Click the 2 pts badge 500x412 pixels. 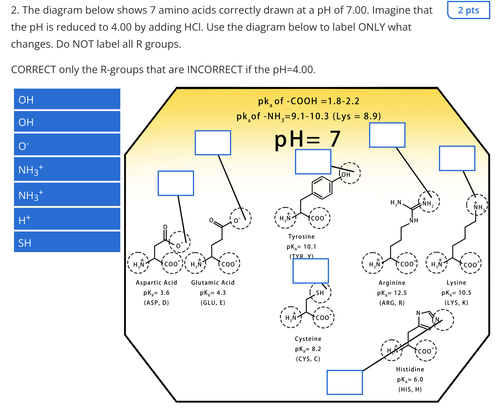[468, 10]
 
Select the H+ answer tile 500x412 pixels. [67, 219]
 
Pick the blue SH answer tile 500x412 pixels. [67, 242]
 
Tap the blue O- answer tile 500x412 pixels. [67, 145]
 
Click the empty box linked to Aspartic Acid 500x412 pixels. [176, 183]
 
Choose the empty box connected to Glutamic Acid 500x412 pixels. [213, 143]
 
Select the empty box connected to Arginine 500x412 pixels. [387, 135]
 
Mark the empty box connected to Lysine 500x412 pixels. [457, 158]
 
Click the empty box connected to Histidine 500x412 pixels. [344, 382]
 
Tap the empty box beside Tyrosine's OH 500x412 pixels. [313, 162]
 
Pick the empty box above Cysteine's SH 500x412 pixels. [310, 271]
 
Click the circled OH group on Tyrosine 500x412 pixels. [349, 173]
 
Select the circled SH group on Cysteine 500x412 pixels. [320, 292]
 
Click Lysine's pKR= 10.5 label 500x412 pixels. [456, 293]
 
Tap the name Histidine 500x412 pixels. [410, 369]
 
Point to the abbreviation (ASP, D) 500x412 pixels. [156, 303]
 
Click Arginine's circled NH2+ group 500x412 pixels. [429, 202]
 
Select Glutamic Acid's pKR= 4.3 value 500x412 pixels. [213, 293]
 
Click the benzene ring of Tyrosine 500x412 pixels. [322, 187]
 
